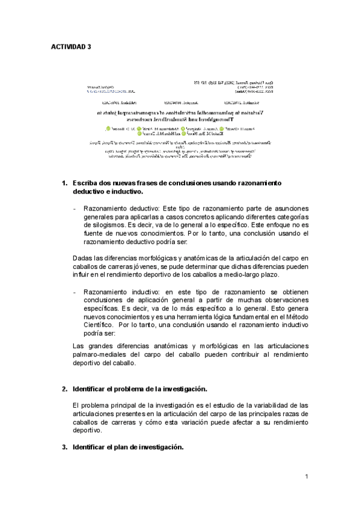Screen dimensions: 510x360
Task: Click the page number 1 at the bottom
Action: click(x=307, y=477)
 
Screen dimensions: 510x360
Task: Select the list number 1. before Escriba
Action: click(x=66, y=182)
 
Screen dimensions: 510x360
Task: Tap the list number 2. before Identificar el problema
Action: click(x=66, y=389)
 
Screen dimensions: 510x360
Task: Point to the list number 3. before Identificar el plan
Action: click(x=66, y=447)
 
